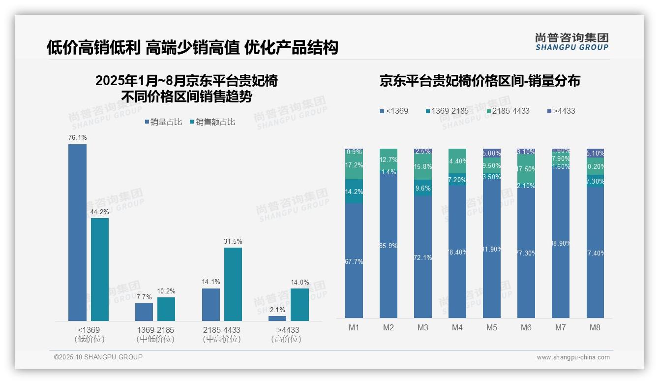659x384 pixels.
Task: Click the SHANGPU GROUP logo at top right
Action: (x=571, y=42)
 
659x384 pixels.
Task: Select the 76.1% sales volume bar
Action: (x=77, y=232)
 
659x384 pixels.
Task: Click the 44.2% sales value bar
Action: (x=100, y=269)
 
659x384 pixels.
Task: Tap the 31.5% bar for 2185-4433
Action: (x=233, y=284)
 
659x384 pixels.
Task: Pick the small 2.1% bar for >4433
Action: (x=277, y=318)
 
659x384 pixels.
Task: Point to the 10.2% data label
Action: (x=166, y=291)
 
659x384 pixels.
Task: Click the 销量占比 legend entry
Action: (x=164, y=122)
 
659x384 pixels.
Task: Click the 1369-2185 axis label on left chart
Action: (x=155, y=330)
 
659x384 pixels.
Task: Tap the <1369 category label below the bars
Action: (x=89, y=330)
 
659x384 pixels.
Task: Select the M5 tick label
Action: (x=492, y=328)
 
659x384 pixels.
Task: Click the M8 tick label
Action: (x=595, y=328)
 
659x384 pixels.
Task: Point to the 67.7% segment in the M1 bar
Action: (x=354, y=261)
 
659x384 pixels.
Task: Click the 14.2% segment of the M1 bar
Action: (x=354, y=192)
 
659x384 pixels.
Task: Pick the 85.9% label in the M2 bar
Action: (x=389, y=246)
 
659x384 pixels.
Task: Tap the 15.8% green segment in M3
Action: (x=423, y=167)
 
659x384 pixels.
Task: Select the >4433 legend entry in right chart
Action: (x=561, y=111)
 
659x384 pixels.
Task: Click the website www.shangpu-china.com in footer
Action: (x=573, y=357)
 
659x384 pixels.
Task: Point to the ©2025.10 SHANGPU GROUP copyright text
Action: (x=98, y=357)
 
